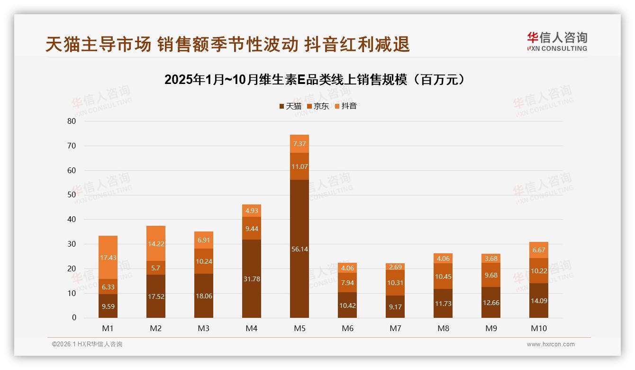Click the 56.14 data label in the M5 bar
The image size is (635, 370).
(299, 249)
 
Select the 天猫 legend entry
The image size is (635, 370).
(290, 106)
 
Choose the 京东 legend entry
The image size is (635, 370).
(317, 106)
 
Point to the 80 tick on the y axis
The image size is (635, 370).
(72, 121)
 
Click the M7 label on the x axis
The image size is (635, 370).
(395, 328)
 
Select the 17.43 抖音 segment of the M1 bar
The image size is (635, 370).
(108, 258)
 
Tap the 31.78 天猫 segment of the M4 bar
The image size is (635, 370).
(252, 279)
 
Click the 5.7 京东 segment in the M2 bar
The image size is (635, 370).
(156, 268)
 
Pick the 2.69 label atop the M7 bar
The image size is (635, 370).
(395, 267)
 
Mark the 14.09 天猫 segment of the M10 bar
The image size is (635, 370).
(539, 300)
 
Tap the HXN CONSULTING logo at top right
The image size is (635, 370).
(557, 42)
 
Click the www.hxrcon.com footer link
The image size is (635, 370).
(551, 344)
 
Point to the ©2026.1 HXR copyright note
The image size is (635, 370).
(87, 344)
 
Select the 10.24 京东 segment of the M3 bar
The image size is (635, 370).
(204, 261)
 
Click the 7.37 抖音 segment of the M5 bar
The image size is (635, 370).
(299, 144)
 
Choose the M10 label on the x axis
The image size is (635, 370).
(539, 328)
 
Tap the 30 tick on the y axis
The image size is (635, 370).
(72, 244)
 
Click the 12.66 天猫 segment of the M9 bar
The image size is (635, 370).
(491, 303)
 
